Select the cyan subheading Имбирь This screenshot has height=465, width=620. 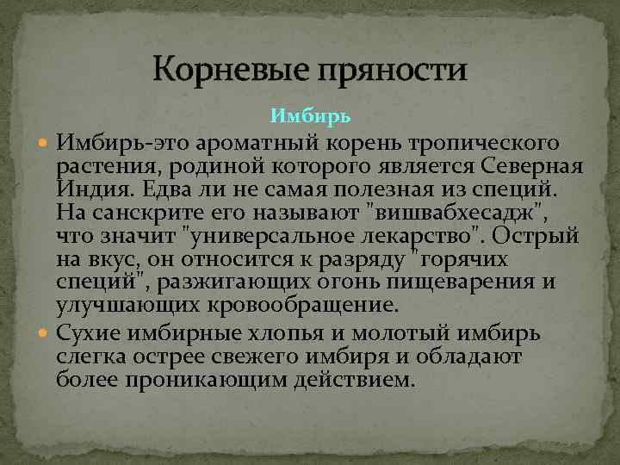click(310, 115)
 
